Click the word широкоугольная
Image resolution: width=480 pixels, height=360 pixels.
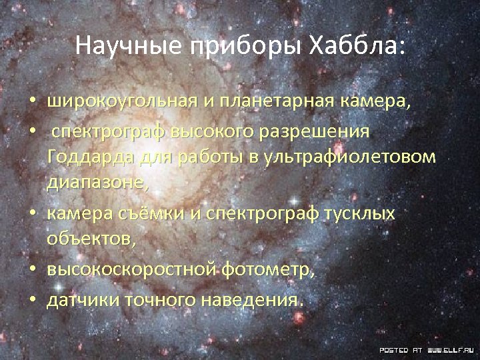[122, 102]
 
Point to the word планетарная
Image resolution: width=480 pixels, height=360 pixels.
[279, 102]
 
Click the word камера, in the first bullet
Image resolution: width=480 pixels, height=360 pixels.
[377, 102]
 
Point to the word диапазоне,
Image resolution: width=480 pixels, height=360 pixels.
[98, 185]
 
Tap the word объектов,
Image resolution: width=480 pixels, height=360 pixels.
[91, 241]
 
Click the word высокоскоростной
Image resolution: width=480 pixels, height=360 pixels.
[131, 270]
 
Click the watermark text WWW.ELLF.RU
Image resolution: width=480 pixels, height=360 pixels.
[451, 349]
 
